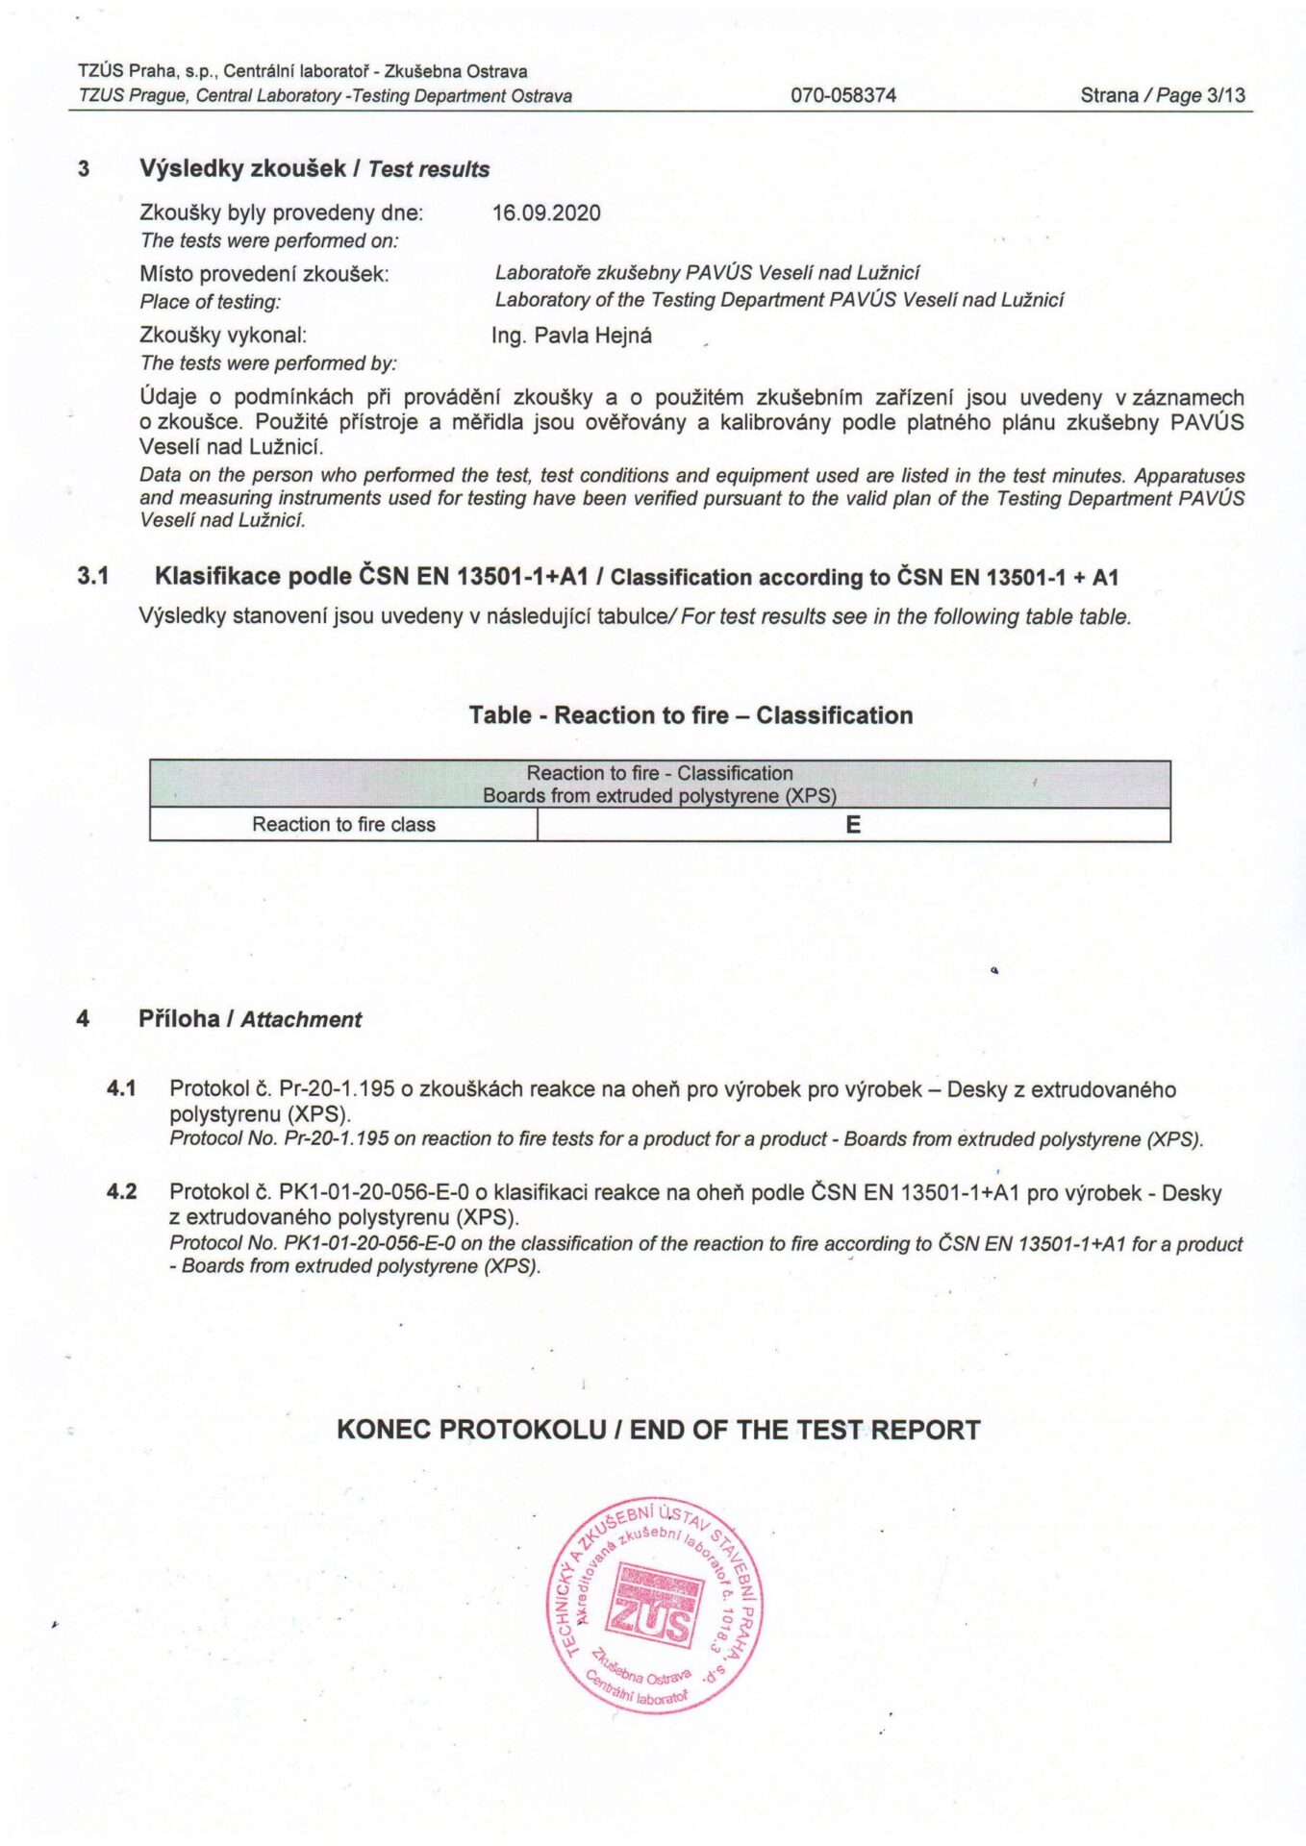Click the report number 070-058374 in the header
tap(842, 95)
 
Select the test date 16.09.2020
tap(546, 212)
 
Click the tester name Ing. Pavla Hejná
tap(571, 336)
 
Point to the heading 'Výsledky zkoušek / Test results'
tap(314, 169)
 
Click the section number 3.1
tap(93, 577)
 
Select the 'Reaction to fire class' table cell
tap(343, 825)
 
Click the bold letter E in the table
tap(853, 825)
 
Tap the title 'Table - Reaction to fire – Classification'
tap(691, 715)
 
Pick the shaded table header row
tap(660, 785)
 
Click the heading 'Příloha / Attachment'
tap(250, 1019)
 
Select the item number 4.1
tap(121, 1088)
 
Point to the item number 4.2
tap(121, 1192)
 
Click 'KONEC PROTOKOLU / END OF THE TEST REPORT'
tap(658, 1430)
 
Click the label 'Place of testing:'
tap(211, 302)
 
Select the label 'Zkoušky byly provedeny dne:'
tap(281, 212)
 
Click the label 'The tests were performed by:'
tap(268, 363)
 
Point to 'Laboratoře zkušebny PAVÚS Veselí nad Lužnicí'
tap(707, 273)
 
